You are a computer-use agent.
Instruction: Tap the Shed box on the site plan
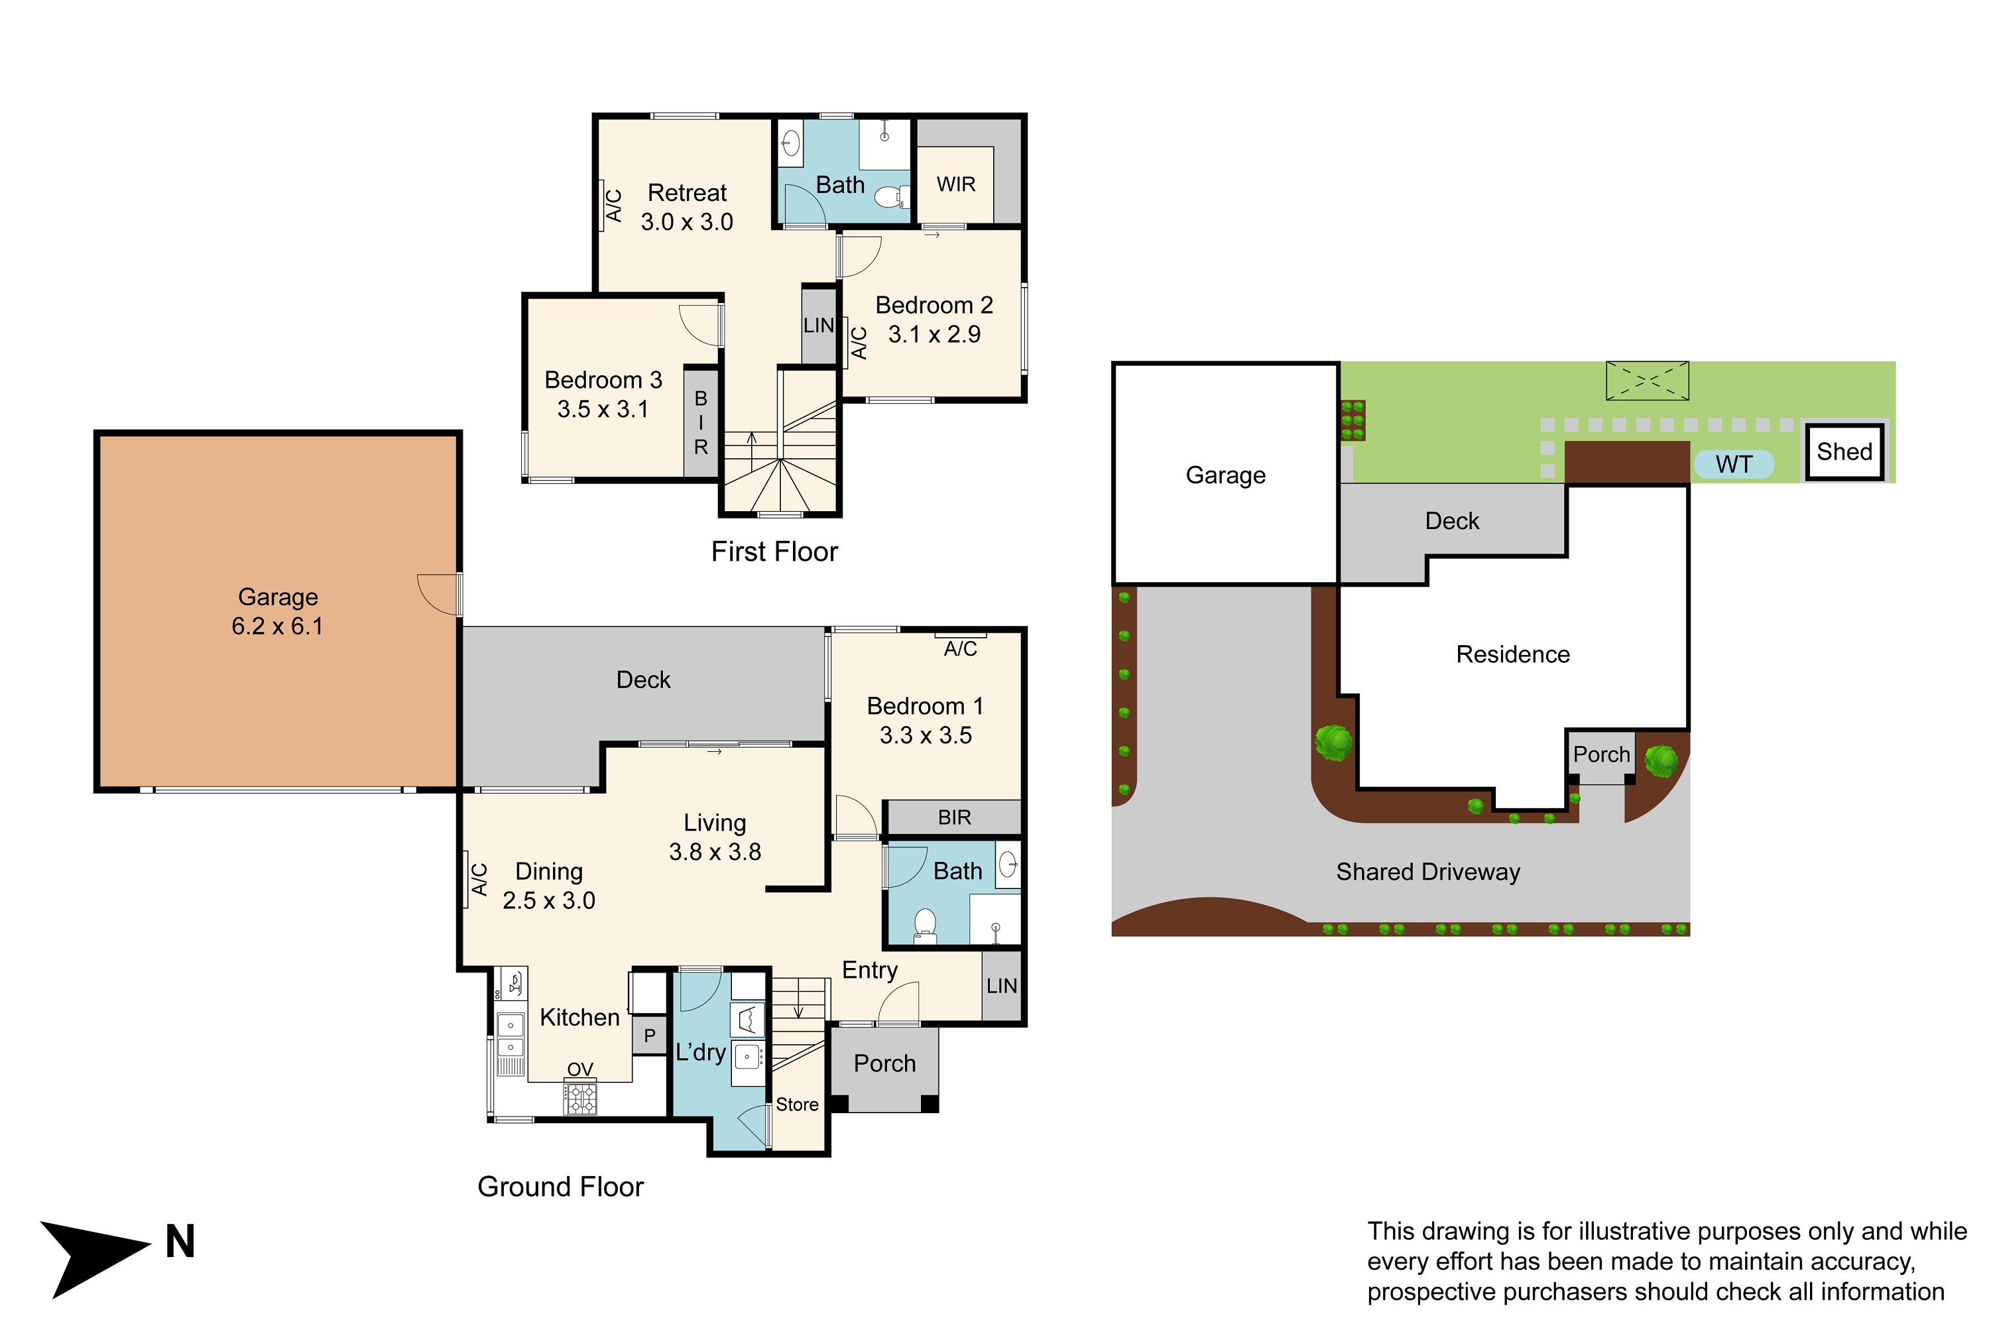pyautogui.click(x=1844, y=452)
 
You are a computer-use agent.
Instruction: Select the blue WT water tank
pyautogui.click(x=1734, y=464)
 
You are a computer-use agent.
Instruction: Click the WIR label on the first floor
pyautogui.click(x=955, y=184)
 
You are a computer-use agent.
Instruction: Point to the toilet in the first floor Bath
pyautogui.click(x=890, y=198)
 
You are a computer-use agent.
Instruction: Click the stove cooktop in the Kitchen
pyautogui.click(x=580, y=1098)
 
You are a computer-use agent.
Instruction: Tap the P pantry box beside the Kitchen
pyautogui.click(x=650, y=1035)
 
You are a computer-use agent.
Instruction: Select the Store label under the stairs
pyautogui.click(x=797, y=1105)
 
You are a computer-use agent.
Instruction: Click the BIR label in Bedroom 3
pyautogui.click(x=701, y=422)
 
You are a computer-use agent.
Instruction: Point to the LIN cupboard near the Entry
pyautogui.click(x=1001, y=985)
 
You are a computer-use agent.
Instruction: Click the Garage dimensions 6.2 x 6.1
pyautogui.click(x=277, y=626)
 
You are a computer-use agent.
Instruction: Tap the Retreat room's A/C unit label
pyautogui.click(x=614, y=206)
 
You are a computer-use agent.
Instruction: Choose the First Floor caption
pyautogui.click(x=774, y=552)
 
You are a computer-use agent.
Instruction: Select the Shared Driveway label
pyautogui.click(x=1427, y=872)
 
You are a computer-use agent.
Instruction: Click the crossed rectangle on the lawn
pyautogui.click(x=1648, y=381)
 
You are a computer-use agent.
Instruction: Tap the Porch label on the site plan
pyautogui.click(x=1601, y=754)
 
